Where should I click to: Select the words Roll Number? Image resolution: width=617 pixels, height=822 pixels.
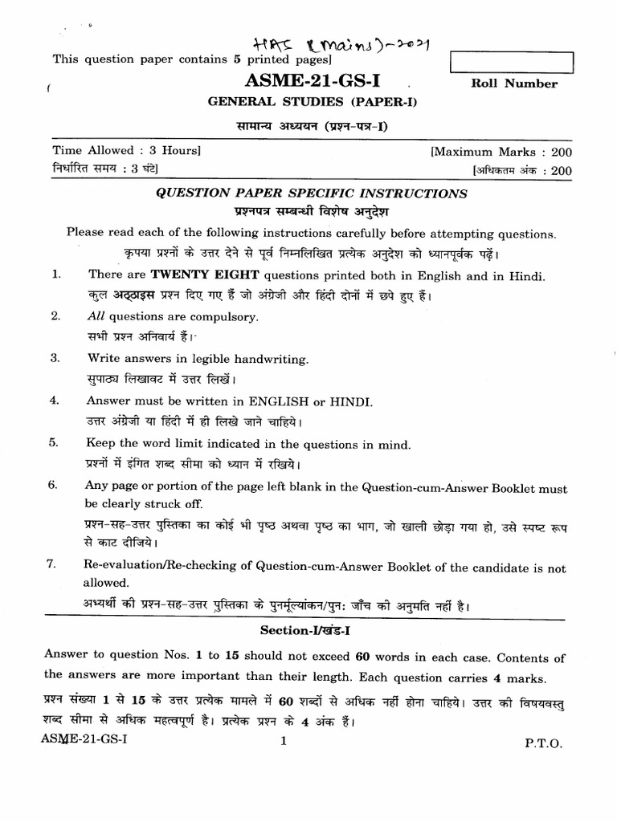click(x=513, y=83)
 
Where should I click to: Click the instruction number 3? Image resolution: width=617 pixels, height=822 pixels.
click(x=55, y=359)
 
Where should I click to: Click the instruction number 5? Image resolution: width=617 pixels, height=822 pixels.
click(x=55, y=442)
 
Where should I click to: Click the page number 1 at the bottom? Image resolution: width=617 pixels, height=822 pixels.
click(x=284, y=743)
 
